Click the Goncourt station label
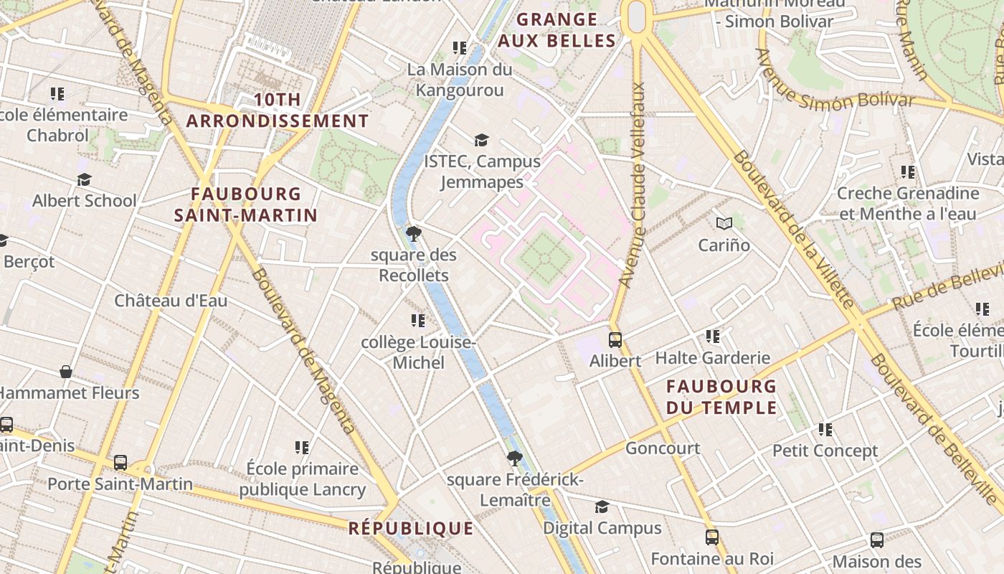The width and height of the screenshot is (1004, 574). (x=663, y=448)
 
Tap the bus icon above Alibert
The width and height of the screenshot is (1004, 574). (x=615, y=340)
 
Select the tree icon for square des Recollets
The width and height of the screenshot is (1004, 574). (x=413, y=234)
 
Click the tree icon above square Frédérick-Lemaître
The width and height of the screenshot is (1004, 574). (x=514, y=458)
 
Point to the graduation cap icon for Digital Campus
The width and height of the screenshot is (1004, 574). (x=602, y=507)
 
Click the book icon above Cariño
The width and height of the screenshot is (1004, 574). (x=724, y=224)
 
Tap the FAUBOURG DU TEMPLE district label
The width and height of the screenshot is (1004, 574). (x=721, y=397)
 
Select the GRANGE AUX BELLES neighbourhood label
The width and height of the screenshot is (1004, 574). (x=557, y=30)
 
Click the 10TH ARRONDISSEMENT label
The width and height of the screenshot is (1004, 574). (x=278, y=110)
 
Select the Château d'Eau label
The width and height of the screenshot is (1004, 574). (x=171, y=301)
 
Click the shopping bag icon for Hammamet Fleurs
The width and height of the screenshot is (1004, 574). (x=66, y=372)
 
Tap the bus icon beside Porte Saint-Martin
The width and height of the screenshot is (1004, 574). (x=120, y=463)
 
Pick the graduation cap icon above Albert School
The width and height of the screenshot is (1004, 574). (x=84, y=179)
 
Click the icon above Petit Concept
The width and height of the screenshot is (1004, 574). (x=825, y=430)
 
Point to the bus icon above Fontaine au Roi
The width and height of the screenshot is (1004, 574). (x=711, y=537)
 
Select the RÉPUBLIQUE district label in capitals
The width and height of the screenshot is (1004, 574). (x=411, y=529)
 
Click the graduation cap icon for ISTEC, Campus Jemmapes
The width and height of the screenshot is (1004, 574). (x=481, y=140)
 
